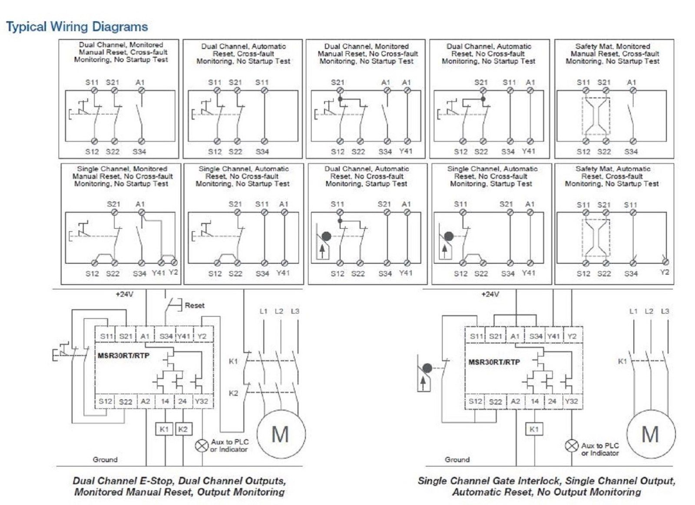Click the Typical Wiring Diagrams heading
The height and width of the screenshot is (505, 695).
(x=77, y=27)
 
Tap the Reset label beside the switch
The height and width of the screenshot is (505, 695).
(x=194, y=305)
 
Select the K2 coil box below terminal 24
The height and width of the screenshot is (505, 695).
(x=183, y=429)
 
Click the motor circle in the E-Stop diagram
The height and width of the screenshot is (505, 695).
(x=281, y=434)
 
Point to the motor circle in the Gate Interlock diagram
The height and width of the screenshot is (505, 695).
(x=650, y=434)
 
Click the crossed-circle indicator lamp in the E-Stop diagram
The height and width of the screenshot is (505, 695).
(x=202, y=446)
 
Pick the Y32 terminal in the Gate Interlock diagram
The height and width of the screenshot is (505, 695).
(x=571, y=401)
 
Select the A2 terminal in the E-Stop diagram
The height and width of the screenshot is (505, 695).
(x=145, y=401)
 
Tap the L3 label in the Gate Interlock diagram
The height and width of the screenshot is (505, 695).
(x=665, y=312)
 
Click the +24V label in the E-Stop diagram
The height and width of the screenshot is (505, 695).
(x=124, y=295)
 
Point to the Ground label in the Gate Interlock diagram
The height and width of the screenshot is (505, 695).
(x=457, y=459)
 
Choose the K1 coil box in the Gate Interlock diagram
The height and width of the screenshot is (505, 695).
(x=534, y=429)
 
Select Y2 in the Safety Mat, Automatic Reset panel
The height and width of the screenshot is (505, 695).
(x=664, y=272)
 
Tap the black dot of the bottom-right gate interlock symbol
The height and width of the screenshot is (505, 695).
(x=427, y=368)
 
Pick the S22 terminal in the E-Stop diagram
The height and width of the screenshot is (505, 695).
(x=126, y=402)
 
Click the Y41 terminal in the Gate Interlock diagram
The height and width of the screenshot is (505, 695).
(x=553, y=336)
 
